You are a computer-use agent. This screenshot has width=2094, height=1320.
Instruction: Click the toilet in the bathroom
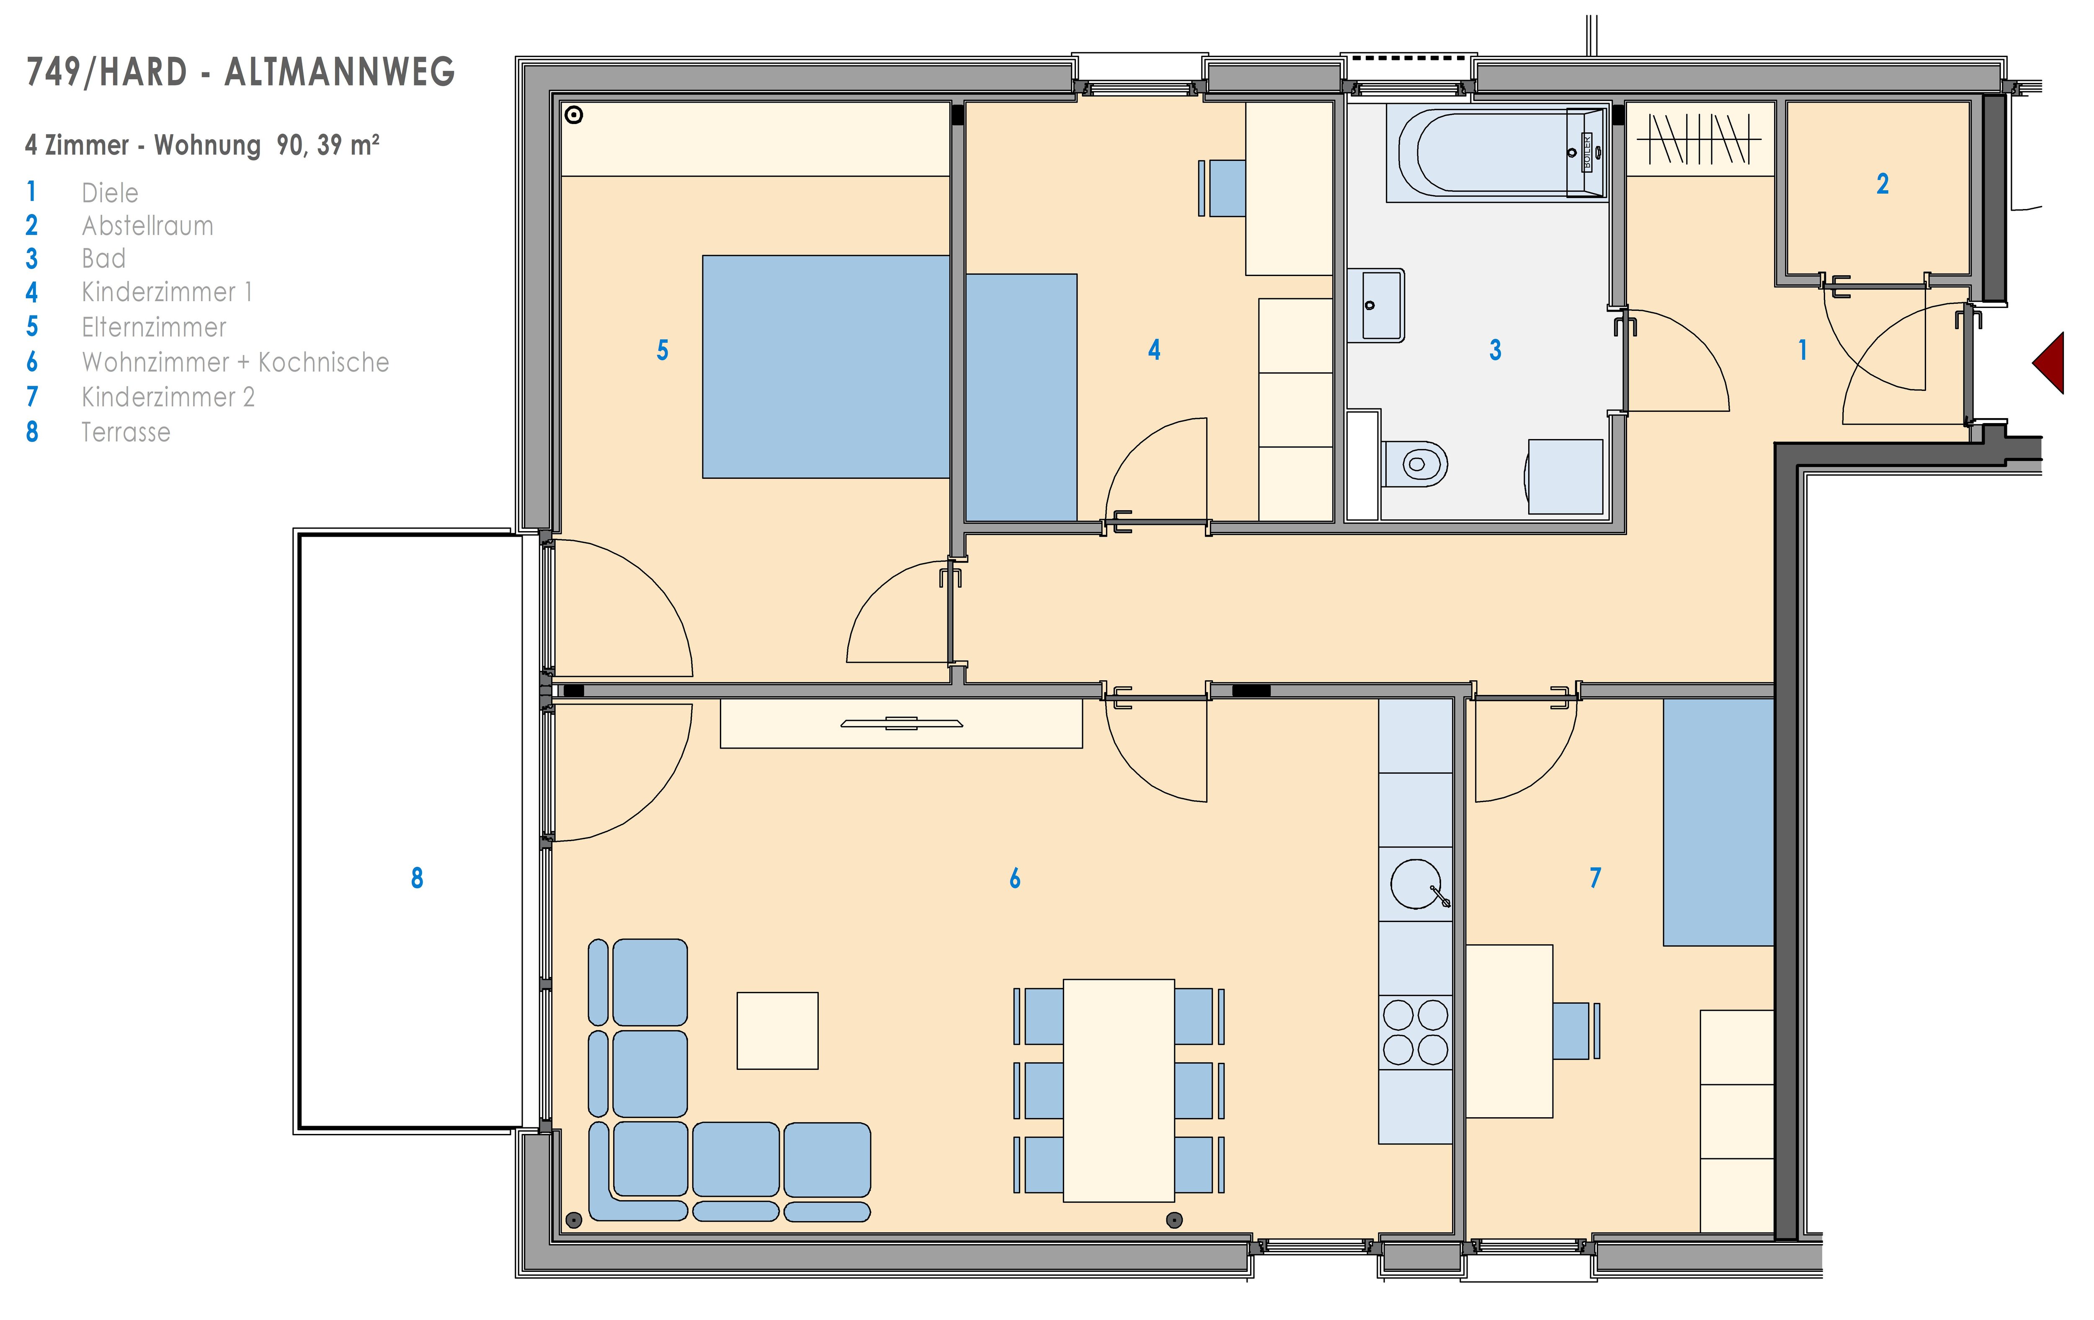click(1415, 463)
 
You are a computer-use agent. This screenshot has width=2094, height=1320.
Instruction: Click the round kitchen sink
click(1416, 883)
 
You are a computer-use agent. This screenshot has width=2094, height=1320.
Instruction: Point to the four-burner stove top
click(1416, 1032)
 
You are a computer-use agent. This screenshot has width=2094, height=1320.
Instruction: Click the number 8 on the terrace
click(418, 878)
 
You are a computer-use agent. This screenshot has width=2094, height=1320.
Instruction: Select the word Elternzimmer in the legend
click(154, 328)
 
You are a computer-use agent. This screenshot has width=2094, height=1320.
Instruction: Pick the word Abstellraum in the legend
click(148, 226)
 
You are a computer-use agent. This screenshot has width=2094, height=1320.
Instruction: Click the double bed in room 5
click(826, 367)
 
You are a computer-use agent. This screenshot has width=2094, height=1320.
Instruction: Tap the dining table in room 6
click(1119, 1090)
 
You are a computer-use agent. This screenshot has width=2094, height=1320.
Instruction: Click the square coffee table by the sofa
click(777, 1031)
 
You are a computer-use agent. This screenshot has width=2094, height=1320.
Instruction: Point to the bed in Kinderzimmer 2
click(1718, 822)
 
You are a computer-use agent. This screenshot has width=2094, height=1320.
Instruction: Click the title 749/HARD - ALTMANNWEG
click(241, 72)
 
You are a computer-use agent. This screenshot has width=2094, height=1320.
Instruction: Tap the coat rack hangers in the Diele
click(1698, 139)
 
